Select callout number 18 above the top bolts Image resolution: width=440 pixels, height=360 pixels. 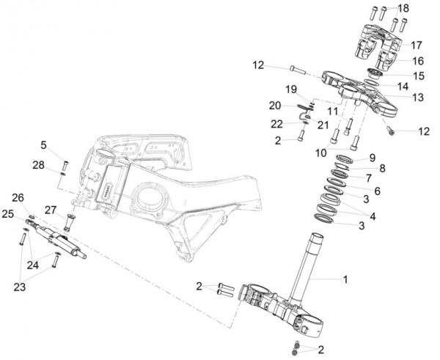pos(403,7)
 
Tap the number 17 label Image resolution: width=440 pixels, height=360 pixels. pos(417,44)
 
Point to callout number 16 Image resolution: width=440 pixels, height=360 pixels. pos(417,61)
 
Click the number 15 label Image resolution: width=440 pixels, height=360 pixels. pos(419,76)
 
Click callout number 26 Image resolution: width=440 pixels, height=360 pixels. pos(18,197)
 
